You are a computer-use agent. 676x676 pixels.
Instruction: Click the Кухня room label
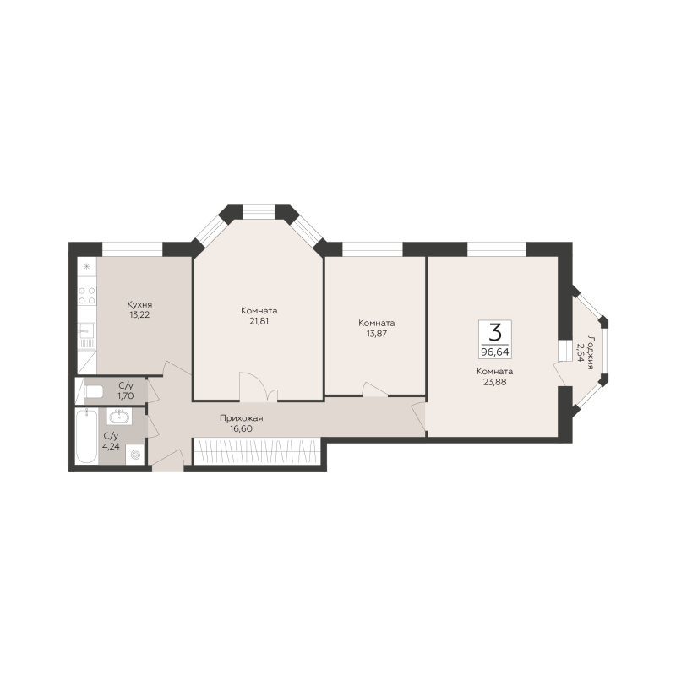[x=139, y=304]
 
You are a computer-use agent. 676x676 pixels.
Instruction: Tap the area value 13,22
[x=139, y=314]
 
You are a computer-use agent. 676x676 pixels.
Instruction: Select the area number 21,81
[x=259, y=321]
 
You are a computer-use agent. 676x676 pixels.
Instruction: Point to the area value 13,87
[x=376, y=333]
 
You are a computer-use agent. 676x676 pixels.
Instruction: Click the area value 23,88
[x=494, y=382]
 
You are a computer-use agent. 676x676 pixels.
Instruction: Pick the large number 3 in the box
[x=495, y=332]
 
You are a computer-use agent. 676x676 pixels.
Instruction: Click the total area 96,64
[x=495, y=352]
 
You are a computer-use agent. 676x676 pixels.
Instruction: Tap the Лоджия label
[x=591, y=352]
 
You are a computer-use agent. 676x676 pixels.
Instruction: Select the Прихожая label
[x=242, y=418]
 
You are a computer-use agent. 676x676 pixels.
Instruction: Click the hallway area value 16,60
[x=242, y=428]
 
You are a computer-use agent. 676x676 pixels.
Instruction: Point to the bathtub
[x=86, y=436]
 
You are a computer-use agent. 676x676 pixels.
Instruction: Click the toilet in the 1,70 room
[x=93, y=392]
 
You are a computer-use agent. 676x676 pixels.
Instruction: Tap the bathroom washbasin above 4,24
[x=120, y=417]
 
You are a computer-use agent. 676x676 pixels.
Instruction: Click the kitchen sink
[x=86, y=330]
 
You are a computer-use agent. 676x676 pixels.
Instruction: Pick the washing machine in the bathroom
[x=135, y=455]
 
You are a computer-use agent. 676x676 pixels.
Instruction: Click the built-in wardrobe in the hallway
[x=257, y=451]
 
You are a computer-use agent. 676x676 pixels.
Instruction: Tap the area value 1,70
[x=126, y=395]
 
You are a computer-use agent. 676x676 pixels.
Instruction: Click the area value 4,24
[x=111, y=446]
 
